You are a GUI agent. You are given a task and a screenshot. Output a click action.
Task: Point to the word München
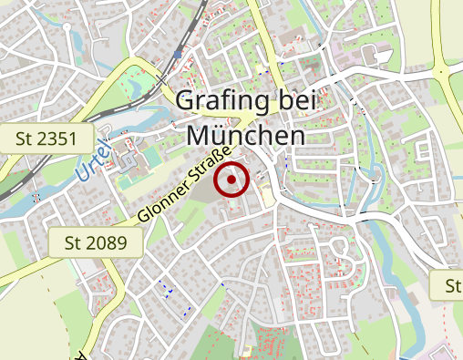point(244,135)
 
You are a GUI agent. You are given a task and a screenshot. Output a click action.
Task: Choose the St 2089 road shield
point(96,242)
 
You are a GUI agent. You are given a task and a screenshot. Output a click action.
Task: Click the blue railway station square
point(178,55)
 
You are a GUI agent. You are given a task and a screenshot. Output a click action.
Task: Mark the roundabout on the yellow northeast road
point(442,68)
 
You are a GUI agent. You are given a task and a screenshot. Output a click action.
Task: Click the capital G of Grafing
point(185,100)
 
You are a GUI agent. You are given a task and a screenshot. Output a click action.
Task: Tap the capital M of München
point(199,135)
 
